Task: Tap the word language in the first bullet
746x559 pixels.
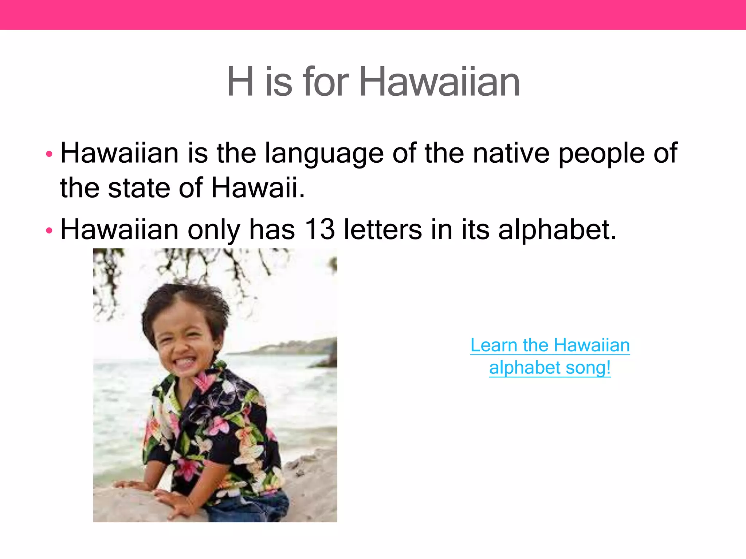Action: coord(324,154)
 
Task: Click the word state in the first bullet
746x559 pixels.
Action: coord(139,188)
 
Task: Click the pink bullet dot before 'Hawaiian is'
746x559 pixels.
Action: coord(49,154)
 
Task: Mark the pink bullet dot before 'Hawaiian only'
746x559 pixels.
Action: coord(49,230)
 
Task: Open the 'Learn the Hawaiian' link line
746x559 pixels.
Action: coord(550,345)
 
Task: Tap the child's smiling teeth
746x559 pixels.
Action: coord(184,362)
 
